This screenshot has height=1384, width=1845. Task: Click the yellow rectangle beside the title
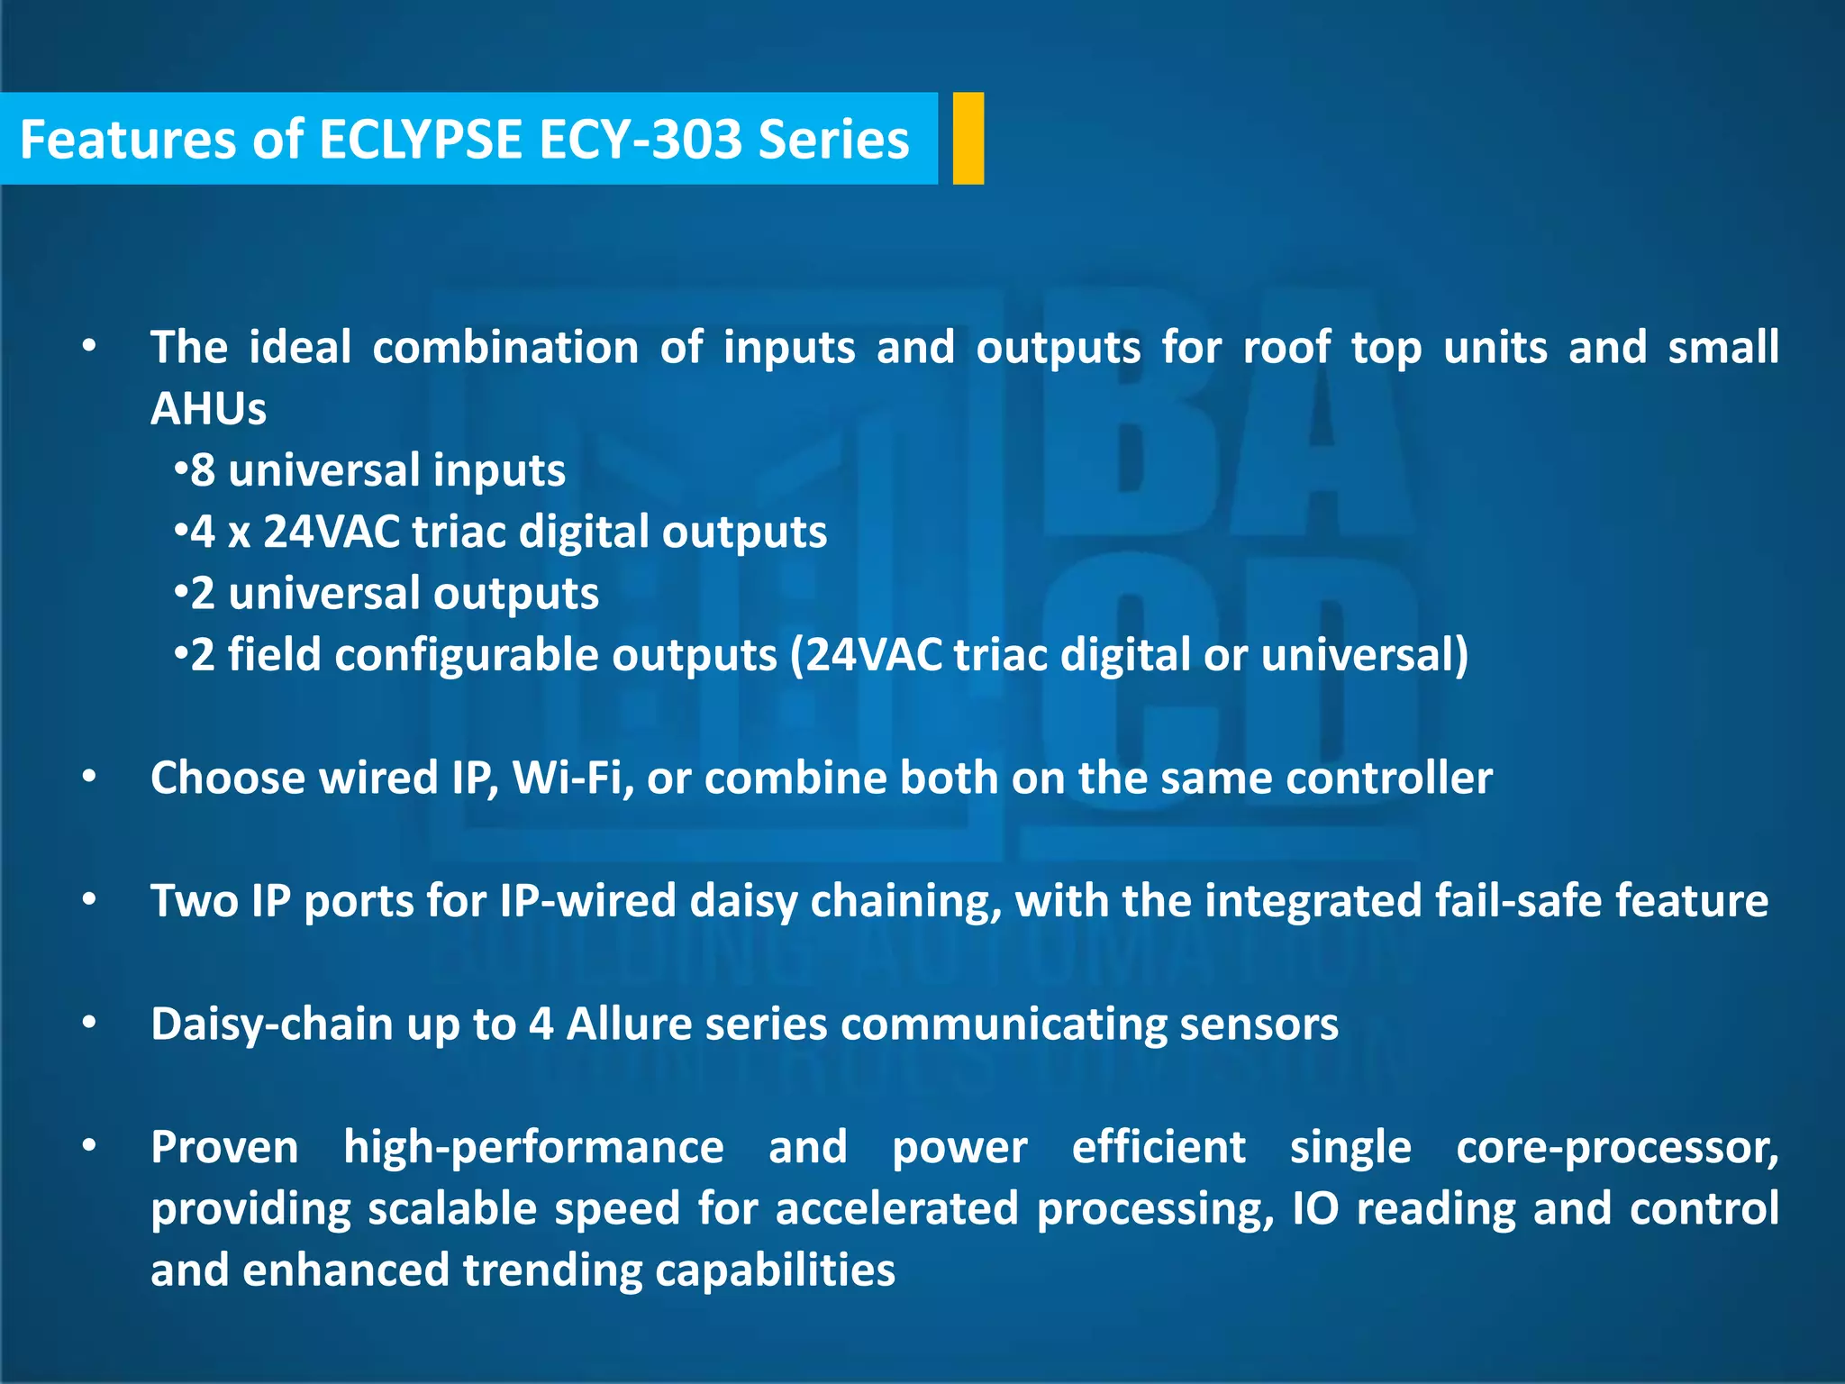coord(968,139)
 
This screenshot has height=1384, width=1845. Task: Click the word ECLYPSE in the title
coord(420,141)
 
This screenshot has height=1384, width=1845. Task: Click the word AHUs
coord(208,409)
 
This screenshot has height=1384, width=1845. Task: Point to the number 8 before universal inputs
coord(203,470)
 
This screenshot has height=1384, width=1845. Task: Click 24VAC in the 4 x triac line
coord(332,532)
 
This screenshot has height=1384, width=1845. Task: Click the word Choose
coord(228,778)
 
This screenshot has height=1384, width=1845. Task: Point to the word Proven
coord(224,1148)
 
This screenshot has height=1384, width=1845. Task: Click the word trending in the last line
coord(551,1270)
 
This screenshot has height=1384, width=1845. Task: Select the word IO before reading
coord(1316,1209)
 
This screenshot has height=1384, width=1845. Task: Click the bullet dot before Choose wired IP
coord(88,777)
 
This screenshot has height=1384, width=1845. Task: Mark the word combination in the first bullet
coord(505,348)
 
